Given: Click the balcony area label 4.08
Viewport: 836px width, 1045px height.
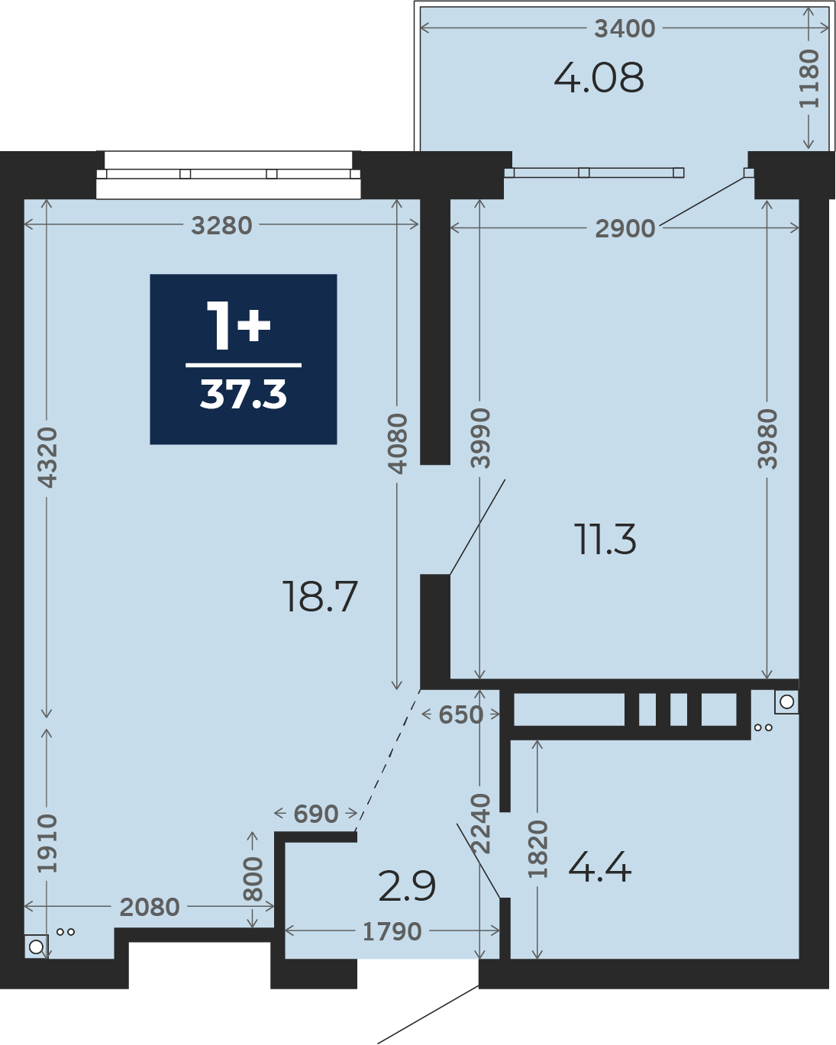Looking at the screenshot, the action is tap(599, 78).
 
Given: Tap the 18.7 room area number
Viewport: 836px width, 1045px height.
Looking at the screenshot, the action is tap(320, 596).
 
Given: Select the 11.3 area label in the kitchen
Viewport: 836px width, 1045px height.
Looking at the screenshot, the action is tap(605, 539).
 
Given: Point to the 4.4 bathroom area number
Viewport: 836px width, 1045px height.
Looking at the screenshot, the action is tap(600, 868).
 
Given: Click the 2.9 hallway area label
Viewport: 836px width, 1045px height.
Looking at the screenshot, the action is tap(407, 886).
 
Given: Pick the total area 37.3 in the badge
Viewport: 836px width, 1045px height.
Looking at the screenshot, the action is tap(244, 395).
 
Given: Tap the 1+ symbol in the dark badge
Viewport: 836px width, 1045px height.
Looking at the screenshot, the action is tap(238, 325).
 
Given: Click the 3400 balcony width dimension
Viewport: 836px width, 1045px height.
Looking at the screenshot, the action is tap(625, 29).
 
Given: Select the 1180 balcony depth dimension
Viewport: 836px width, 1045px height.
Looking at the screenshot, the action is tap(809, 79).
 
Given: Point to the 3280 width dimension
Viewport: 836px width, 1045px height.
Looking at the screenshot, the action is tap(221, 226).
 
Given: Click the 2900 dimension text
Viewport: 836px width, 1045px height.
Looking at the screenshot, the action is tap(625, 229).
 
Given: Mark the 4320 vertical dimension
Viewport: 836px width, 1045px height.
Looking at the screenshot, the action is tap(47, 457).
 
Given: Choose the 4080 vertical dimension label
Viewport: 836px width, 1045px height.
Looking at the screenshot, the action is tap(397, 443).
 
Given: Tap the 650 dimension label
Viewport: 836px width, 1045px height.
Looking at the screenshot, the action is tap(461, 714).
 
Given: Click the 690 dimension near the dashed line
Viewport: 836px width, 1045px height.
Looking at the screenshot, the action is tap(316, 814).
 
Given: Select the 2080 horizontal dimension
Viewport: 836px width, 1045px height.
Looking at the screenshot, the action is tap(150, 907).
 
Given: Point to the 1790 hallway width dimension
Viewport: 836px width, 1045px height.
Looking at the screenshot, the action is tap(392, 931).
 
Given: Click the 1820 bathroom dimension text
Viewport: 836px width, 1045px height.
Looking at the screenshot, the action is tap(537, 850).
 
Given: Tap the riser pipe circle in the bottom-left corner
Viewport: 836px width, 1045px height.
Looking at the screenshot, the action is tap(36, 947).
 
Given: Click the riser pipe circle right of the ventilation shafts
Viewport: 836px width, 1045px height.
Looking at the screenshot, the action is tap(787, 702).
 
